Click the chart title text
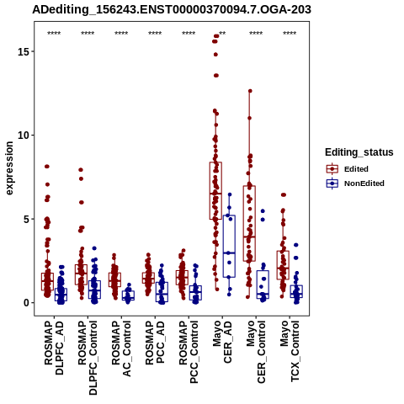click(172, 10)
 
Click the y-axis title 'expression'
click(9, 168)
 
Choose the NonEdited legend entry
click(355, 183)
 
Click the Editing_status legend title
click(359, 152)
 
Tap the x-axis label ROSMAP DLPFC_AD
click(54, 348)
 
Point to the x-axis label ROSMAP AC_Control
click(121, 348)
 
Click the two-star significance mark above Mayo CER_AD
click(222, 34)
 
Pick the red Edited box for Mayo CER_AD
click(215, 191)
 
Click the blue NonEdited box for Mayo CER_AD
click(229, 247)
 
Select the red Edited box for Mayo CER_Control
click(249, 224)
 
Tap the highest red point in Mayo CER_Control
click(250, 91)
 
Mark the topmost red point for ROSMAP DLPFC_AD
click(47, 167)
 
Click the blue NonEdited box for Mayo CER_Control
click(263, 284)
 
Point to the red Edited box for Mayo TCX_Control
click(283, 265)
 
